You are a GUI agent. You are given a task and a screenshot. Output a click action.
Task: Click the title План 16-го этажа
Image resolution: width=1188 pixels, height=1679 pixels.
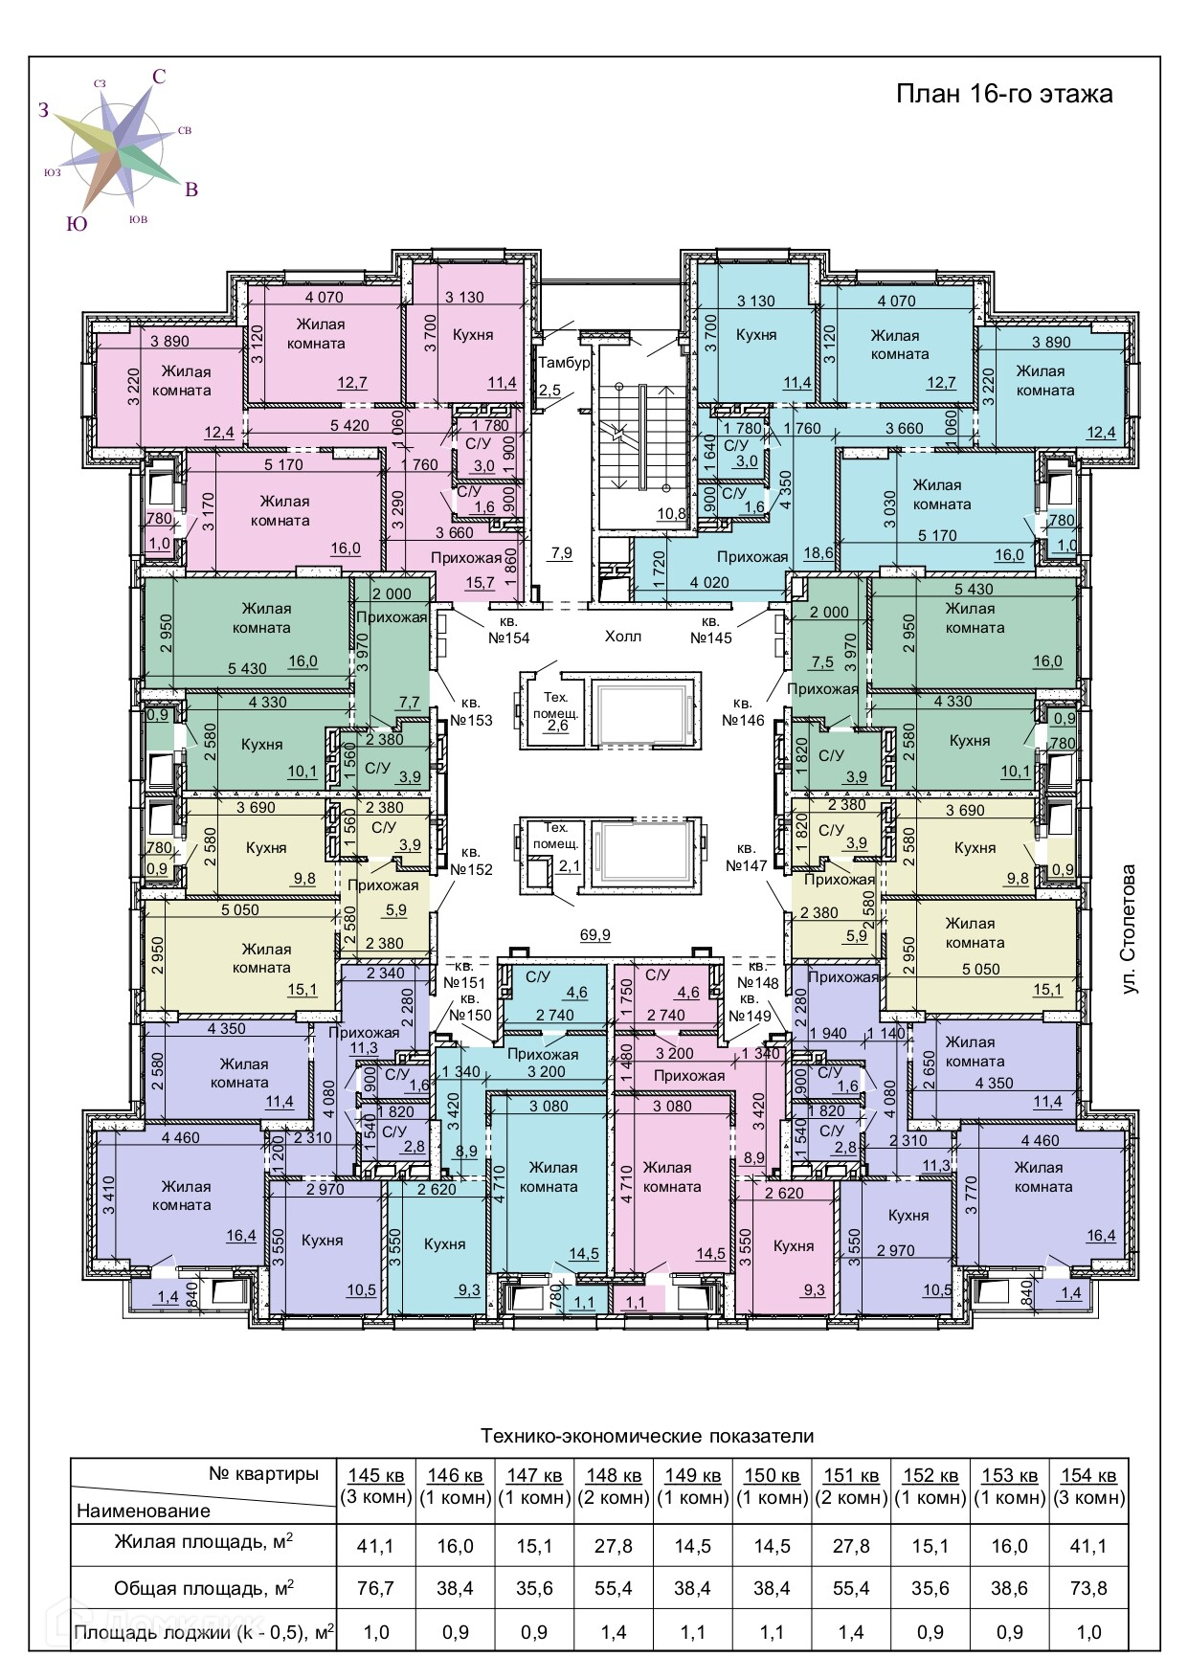pyautogui.click(x=1004, y=94)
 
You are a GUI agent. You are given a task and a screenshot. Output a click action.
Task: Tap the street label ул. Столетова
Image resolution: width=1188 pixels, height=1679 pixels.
pyautogui.click(x=1130, y=929)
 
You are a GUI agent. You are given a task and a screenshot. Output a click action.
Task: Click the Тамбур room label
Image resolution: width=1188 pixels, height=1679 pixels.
pyautogui.click(x=565, y=364)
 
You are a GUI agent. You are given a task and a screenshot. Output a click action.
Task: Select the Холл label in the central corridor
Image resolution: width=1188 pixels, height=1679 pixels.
pyautogui.click(x=622, y=637)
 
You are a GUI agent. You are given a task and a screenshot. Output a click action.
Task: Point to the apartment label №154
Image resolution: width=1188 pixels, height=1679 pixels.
pyautogui.click(x=508, y=638)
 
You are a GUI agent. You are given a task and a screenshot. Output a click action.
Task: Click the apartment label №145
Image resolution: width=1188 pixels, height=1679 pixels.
pyautogui.click(x=711, y=638)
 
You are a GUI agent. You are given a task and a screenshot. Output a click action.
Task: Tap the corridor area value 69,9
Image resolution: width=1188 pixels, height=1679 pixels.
pyautogui.click(x=595, y=934)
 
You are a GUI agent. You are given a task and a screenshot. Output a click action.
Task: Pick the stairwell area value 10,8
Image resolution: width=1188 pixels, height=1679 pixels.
pyautogui.click(x=671, y=513)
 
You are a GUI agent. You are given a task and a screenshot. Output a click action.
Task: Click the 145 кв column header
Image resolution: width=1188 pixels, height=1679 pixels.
pyautogui.click(x=375, y=1475)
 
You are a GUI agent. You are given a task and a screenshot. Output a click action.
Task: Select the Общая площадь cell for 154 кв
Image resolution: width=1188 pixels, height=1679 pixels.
pyautogui.click(x=1088, y=1588)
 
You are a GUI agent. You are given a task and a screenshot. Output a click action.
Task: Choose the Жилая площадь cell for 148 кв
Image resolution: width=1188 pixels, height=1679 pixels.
pyautogui.click(x=614, y=1546)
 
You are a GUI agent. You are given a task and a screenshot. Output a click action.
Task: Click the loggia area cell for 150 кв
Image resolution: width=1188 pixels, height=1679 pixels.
pyautogui.click(x=772, y=1632)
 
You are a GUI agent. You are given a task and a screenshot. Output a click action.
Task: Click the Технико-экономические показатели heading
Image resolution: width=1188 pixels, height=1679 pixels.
pyautogui.click(x=647, y=1436)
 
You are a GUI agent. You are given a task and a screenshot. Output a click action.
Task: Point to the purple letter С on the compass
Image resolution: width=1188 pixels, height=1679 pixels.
pyautogui.click(x=159, y=77)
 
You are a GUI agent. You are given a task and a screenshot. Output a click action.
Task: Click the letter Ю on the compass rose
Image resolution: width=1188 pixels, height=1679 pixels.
pyautogui.click(x=77, y=224)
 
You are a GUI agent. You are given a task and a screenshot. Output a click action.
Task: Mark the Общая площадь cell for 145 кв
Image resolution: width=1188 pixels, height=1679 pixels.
pyautogui.click(x=375, y=1588)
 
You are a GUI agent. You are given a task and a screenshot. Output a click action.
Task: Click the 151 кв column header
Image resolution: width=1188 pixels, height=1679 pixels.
pyautogui.click(x=851, y=1475)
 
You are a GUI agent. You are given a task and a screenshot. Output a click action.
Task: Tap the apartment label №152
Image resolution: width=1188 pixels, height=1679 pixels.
pyautogui.click(x=471, y=861)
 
